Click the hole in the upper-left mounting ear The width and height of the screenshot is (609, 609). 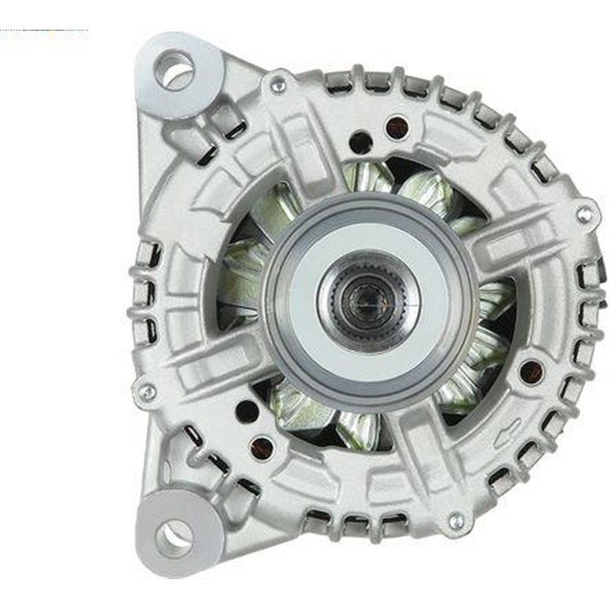174,71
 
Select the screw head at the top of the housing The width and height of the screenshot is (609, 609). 279,86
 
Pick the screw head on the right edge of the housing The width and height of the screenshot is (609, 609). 585,215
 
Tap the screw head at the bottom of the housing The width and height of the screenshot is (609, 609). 456,521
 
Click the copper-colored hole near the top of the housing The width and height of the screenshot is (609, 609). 396,127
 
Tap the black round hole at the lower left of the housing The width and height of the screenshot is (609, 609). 247,412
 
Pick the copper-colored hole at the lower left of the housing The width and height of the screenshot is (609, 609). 263,447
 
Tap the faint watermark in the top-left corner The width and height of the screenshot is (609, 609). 44,35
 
